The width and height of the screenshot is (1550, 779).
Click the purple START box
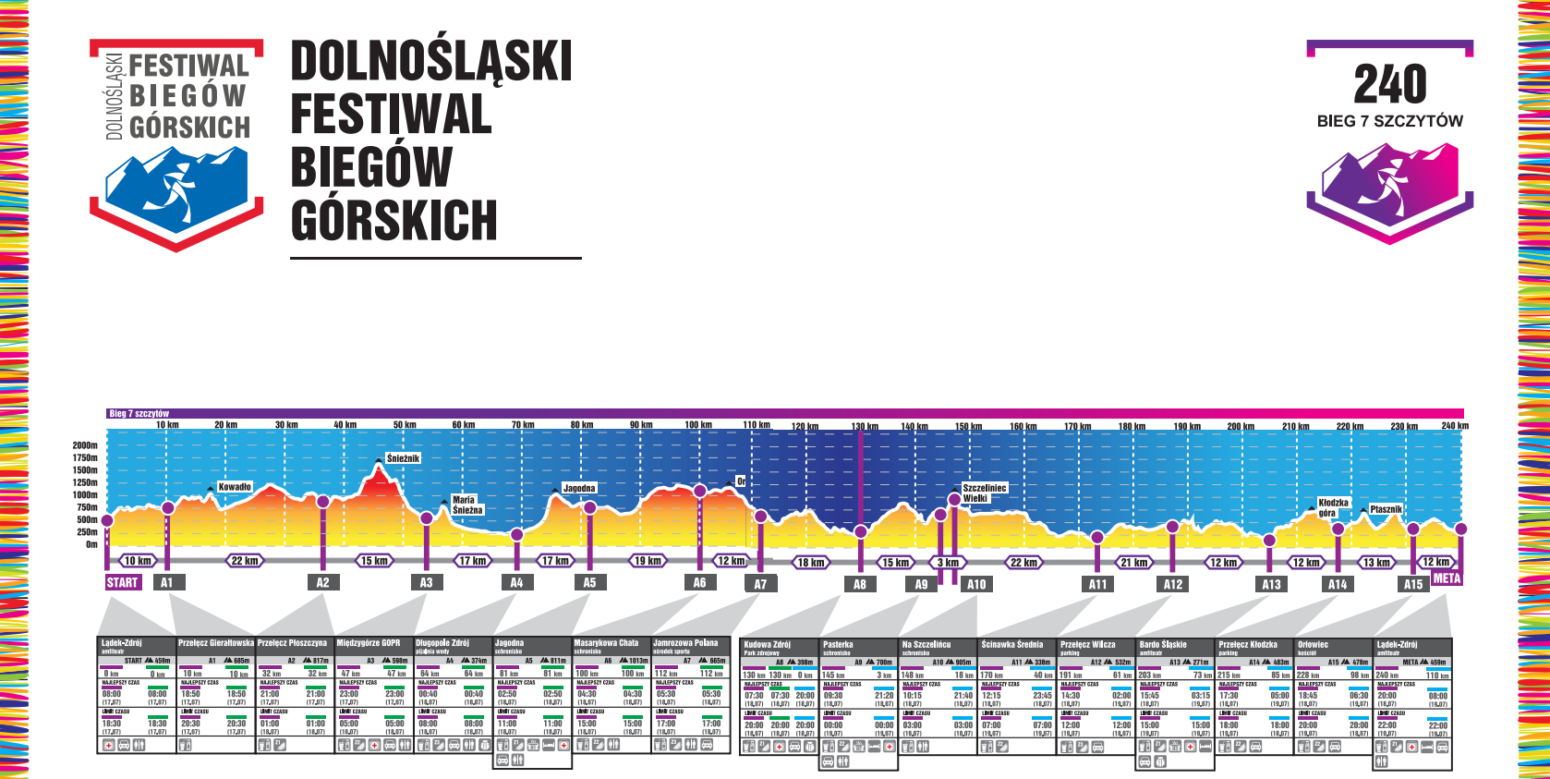[123, 582]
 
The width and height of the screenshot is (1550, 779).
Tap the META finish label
[1447, 578]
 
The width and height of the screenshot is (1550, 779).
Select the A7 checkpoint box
[760, 584]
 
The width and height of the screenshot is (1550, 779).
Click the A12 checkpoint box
[1173, 584]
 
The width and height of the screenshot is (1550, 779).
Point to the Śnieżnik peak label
[403, 458]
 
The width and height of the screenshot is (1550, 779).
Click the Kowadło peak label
[235, 487]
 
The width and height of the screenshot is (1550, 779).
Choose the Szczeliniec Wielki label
[985, 493]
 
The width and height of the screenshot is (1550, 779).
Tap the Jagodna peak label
[579, 488]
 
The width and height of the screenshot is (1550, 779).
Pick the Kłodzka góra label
[1333, 507]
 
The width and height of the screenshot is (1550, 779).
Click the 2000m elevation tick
[85, 445]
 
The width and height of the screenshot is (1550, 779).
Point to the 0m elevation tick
[91, 544]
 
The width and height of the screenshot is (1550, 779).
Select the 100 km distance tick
[698, 425]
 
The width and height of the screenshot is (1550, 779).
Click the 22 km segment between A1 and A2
[245, 561]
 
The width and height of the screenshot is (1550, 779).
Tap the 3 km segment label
[948, 562]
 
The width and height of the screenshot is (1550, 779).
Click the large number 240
[1390, 85]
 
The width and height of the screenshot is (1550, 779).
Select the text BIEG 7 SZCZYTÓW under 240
[1390, 121]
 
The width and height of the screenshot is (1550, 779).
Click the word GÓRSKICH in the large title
[394, 221]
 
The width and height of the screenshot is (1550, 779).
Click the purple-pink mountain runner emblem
[1390, 189]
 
